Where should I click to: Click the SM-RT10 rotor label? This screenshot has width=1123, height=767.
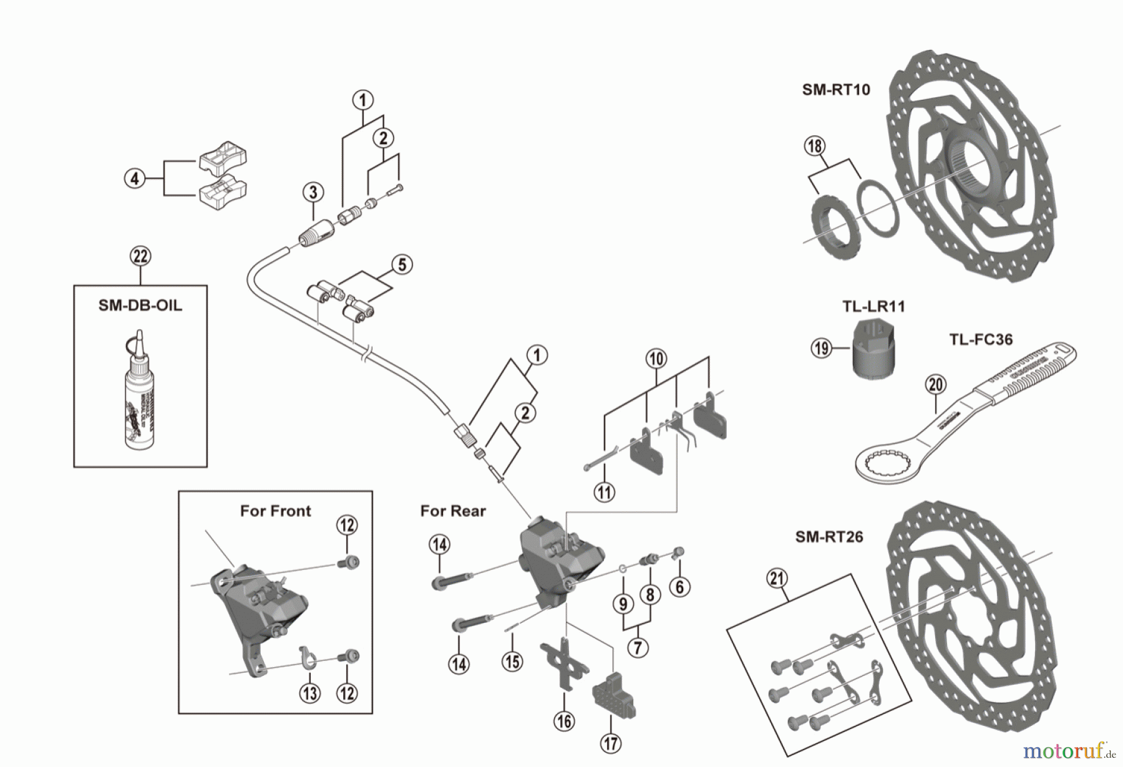pos(835,90)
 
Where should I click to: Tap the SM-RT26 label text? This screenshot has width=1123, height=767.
pos(829,537)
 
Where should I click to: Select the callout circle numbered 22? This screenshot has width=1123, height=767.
pos(140,256)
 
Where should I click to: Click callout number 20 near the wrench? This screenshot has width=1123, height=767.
pos(936,385)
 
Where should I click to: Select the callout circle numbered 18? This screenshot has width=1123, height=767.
pos(814,146)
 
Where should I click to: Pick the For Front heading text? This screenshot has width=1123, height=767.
pos(275,511)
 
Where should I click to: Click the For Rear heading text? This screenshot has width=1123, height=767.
pos(452,511)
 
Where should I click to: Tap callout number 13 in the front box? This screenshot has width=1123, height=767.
pos(310,692)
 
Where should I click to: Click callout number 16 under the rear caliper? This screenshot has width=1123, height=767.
pos(564,721)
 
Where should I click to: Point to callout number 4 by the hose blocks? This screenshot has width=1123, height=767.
pos(135,179)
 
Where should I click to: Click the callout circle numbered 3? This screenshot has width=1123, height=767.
pos(313,192)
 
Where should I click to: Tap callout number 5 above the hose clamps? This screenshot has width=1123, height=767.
pos(402,264)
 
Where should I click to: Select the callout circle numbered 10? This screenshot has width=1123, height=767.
pos(656,359)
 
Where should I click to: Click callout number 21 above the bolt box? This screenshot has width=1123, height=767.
pos(776,579)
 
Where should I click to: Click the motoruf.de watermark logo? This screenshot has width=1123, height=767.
pos(1069,751)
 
